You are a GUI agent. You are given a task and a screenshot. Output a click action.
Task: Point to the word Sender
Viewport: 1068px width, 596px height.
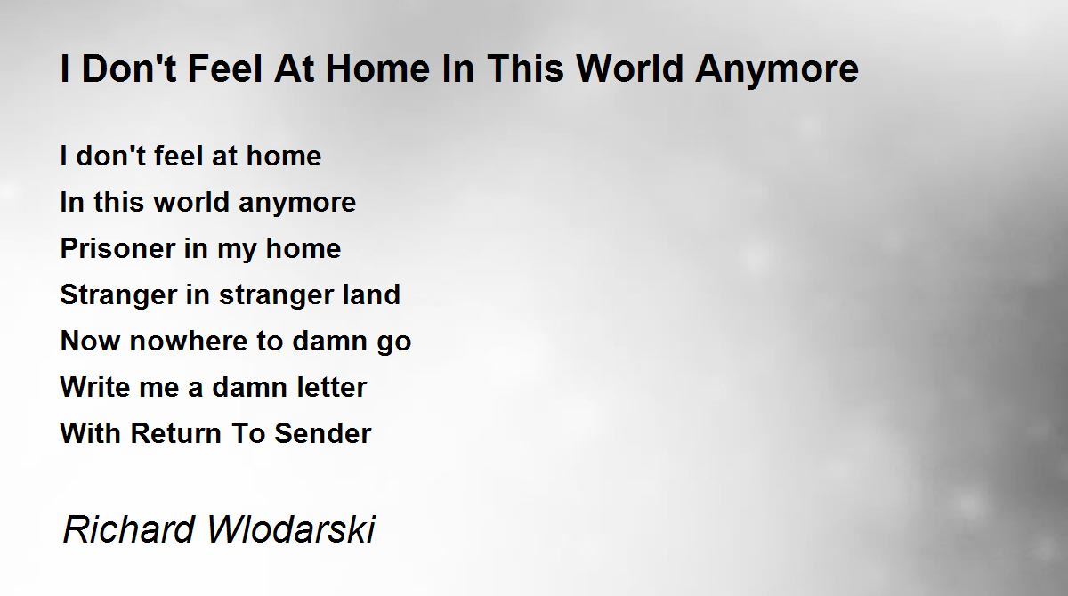[322, 433]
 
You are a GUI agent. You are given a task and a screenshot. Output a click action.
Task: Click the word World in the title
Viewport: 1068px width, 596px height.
[630, 68]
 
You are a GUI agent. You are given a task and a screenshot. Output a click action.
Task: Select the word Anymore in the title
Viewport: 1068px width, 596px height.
[777, 68]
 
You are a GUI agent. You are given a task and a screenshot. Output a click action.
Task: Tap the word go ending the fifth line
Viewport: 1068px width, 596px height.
[393, 342]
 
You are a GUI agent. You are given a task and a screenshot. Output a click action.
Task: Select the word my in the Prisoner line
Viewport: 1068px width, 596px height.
[236, 250]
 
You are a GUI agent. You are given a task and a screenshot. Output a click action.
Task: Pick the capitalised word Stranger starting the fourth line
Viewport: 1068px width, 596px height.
[118, 294]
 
